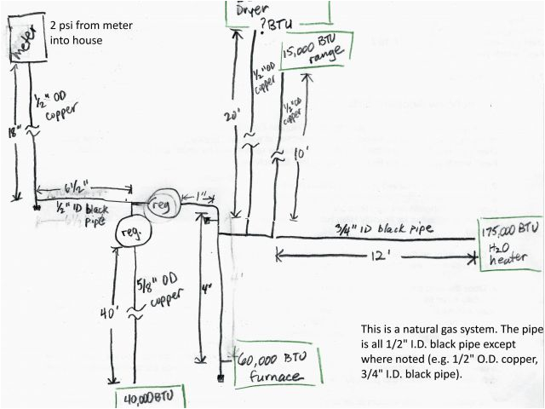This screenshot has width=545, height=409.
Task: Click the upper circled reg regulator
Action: click(x=161, y=205)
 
